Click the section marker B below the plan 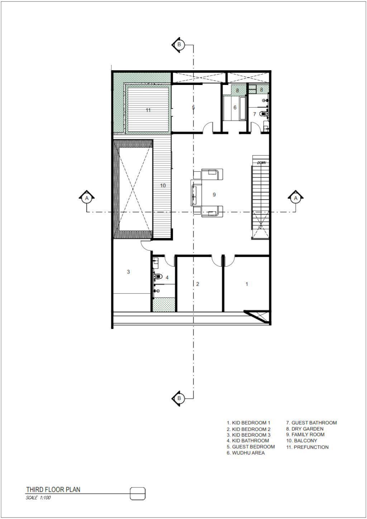[178, 398]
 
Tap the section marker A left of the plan [87, 198]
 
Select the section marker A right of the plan [296, 198]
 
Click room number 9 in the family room [214, 195]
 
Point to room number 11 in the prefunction [148, 110]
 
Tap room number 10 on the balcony [163, 185]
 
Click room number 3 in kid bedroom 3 [128, 272]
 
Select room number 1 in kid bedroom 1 [247, 284]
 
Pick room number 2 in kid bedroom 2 [197, 284]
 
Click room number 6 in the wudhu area [235, 108]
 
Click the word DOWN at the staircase [262, 163]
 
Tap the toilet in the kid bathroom [158, 276]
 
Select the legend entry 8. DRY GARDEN [305, 429]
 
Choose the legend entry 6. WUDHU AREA [246, 453]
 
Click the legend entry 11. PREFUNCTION [307, 447]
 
